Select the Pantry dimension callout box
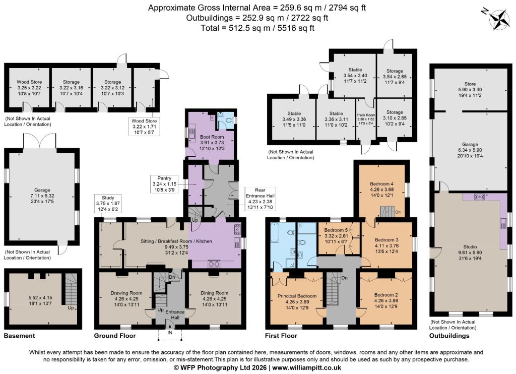pyautogui.click(x=165, y=184)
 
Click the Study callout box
pyautogui.click(x=108, y=204)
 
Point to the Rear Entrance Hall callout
pyautogui.click(x=260, y=199)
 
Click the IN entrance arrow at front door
pyautogui.click(x=170, y=326)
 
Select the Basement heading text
pyautogui.click(x=20, y=336)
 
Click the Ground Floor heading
pyautogui.click(x=115, y=336)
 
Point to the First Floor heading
pyautogui.click(x=281, y=336)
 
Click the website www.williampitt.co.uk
pyautogui.click(x=307, y=368)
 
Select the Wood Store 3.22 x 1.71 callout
pyautogui.click(x=144, y=127)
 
